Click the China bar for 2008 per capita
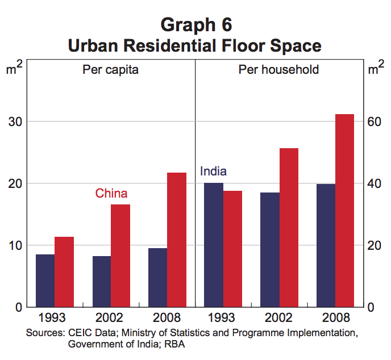pyautogui.click(x=177, y=240)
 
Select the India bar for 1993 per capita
pyautogui.click(x=45, y=281)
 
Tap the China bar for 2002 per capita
pyautogui.click(x=120, y=256)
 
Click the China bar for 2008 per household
pyautogui.click(x=344, y=211)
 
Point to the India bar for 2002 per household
pyautogui.click(x=270, y=250)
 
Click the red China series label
pyautogui.click(x=111, y=194)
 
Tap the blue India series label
pyautogui.click(x=214, y=171)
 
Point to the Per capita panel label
pyautogui.click(x=110, y=70)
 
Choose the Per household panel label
pyautogui.click(x=278, y=70)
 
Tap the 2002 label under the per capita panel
pyautogui.click(x=110, y=317)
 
